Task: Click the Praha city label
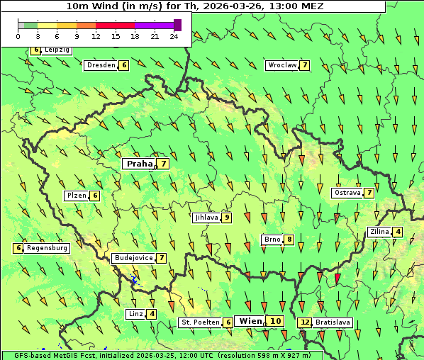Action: pyautogui.click(x=139, y=164)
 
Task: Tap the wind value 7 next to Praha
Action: pyautogui.click(x=164, y=164)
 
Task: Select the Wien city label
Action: pyautogui.click(x=250, y=321)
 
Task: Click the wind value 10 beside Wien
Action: pyautogui.click(x=276, y=321)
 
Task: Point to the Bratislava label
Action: pyautogui.click(x=333, y=322)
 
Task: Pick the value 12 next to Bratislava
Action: pyautogui.click(x=305, y=322)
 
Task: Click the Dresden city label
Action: pyautogui.click(x=101, y=65)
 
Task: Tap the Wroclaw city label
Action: pyautogui.click(x=281, y=65)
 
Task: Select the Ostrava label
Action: pyautogui.click(x=347, y=193)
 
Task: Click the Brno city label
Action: pyautogui.click(x=272, y=240)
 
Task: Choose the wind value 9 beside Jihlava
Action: pyautogui.click(x=227, y=218)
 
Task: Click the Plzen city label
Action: pyautogui.click(x=77, y=196)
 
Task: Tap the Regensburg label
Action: pyautogui.click(x=48, y=248)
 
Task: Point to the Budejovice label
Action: pyautogui.click(x=133, y=258)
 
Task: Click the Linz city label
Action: pyautogui.click(x=135, y=314)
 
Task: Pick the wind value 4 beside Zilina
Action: pyautogui.click(x=398, y=232)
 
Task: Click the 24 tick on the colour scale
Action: pyautogui.click(x=174, y=36)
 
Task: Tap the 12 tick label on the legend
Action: pyautogui.click(x=96, y=36)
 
